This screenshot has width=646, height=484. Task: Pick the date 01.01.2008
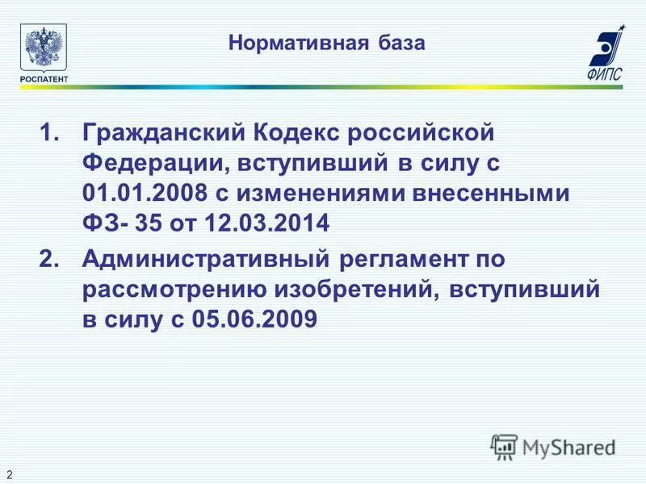point(143,194)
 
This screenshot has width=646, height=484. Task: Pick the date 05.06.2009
point(255,321)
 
